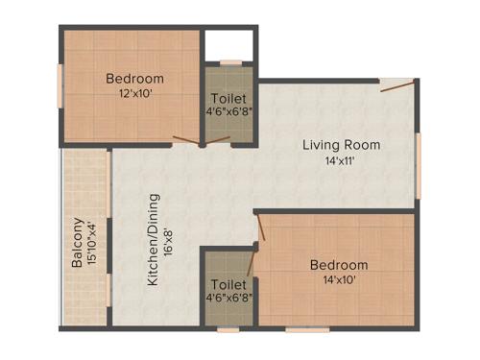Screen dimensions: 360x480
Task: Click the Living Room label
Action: pyautogui.click(x=341, y=145)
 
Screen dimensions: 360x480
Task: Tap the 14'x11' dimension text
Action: pyautogui.click(x=341, y=161)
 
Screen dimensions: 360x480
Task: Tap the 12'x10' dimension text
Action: pyautogui.click(x=134, y=94)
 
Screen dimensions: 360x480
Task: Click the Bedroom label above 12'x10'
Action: pyautogui.click(x=134, y=79)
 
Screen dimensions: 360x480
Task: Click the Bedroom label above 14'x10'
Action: pyautogui.click(x=338, y=265)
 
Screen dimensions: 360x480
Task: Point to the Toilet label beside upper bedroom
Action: pyautogui.click(x=228, y=99)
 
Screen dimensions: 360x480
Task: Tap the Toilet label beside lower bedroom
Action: pyautogui.click(x=228, y=285)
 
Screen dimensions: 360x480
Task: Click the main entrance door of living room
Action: pyautogui.click(x=397, y=86)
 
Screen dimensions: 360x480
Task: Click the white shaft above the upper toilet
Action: pyautogui.click(x=228, y=45)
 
